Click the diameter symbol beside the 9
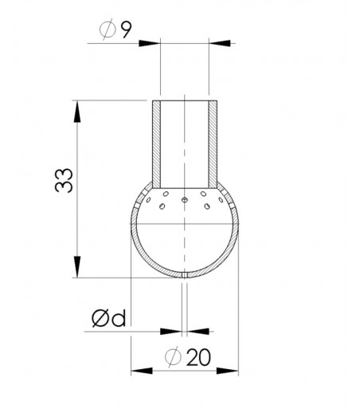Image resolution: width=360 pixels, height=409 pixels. coord(109,32)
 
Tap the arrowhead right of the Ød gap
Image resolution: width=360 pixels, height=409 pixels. coord(196,329)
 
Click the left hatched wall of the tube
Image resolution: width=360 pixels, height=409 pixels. coord(158,140)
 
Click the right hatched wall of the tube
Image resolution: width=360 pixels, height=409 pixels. coord(212,140)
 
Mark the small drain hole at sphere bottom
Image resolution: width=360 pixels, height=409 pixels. coord(185,275)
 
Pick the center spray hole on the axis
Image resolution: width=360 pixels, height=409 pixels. coord(185,199)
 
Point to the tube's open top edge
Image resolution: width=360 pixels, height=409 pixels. coord(185,100)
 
